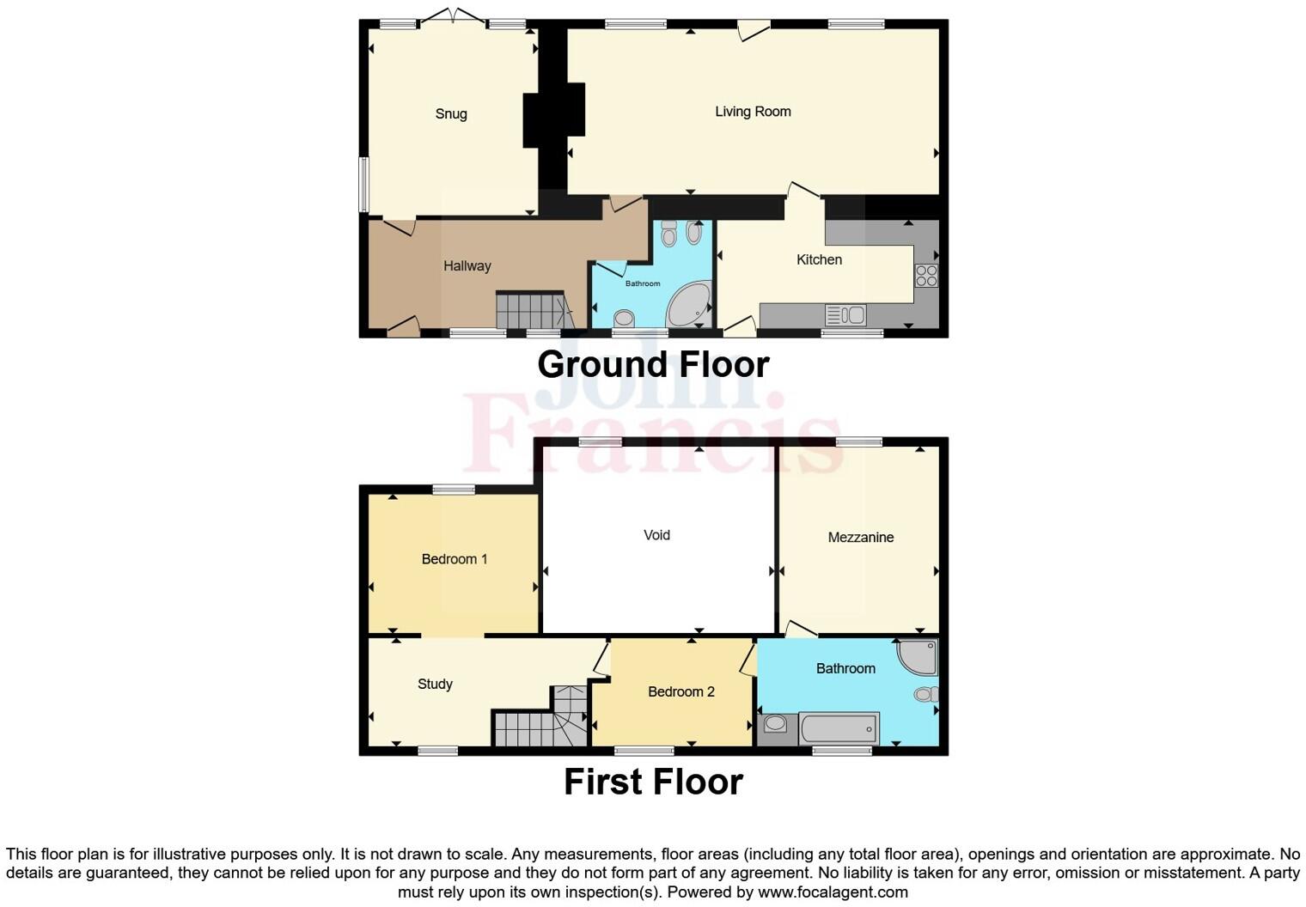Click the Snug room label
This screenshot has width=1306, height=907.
pyautogui.click(x=451, y=113)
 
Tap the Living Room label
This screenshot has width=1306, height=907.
pyautogui.click(x=753, y=111)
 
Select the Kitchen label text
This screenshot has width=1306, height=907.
pyautogui.click(x=819, y=259)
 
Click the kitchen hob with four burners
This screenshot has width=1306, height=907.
pyautogui.click(x=926, y=276)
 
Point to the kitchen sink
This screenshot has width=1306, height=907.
pyautogui.click(x=845, y=315)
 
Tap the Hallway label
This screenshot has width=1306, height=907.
pyautogui.click(x=467, y=266)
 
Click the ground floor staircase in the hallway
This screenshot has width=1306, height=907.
pyautogui.click(x=533, y=311)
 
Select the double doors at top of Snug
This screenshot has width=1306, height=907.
pyautogui.click(x=454, y=16)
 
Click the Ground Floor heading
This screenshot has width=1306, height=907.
pyautogui.click(x=653, y=364)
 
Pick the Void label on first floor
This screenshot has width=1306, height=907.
pyautogui.click(x=656, y=535)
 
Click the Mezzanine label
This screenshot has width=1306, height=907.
pyautogui.click(x=861, y=538)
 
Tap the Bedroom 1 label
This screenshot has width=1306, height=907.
pyautogui.click(x=455, y=559)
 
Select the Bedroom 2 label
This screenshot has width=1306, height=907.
pyautogui.click(x=681, y=691)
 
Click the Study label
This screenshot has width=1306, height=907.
pyautogui.click(x=435, y=684)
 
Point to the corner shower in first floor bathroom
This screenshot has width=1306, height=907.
pyautogui.click(x=918, y=656)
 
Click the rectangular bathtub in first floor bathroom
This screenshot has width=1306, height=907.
pyautogui.click(x=839, y=728)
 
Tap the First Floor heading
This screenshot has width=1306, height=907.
pyautogui.click(x=653, y=782)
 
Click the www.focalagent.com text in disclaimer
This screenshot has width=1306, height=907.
pyautogui.click(x=833, y=892)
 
